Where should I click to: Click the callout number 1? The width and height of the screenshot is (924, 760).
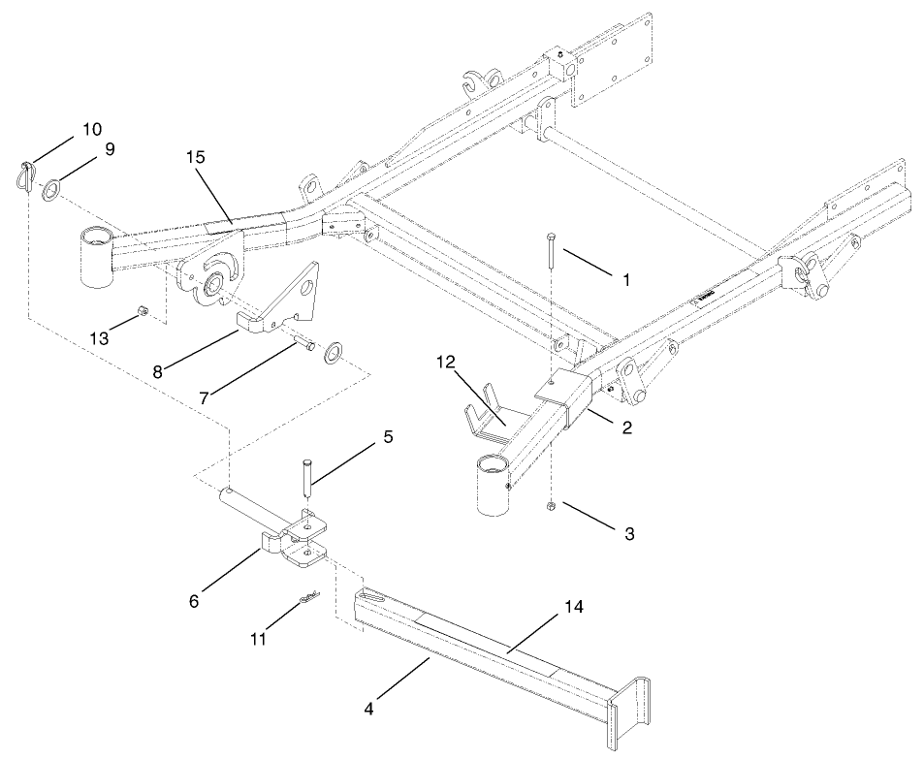[626, 279]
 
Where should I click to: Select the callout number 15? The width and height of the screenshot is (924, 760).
[198, 157]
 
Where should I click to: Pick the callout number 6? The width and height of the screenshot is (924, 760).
[194, 601]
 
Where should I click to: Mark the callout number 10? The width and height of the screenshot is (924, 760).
[91, 129]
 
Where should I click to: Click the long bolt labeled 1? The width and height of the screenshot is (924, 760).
[550, 264]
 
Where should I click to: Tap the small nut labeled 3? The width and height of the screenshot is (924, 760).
[550, 506]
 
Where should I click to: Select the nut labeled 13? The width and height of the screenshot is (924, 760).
[142, 311]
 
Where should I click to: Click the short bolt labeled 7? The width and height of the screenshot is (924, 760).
[304, 344]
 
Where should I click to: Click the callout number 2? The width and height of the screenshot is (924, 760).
[627, 427]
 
